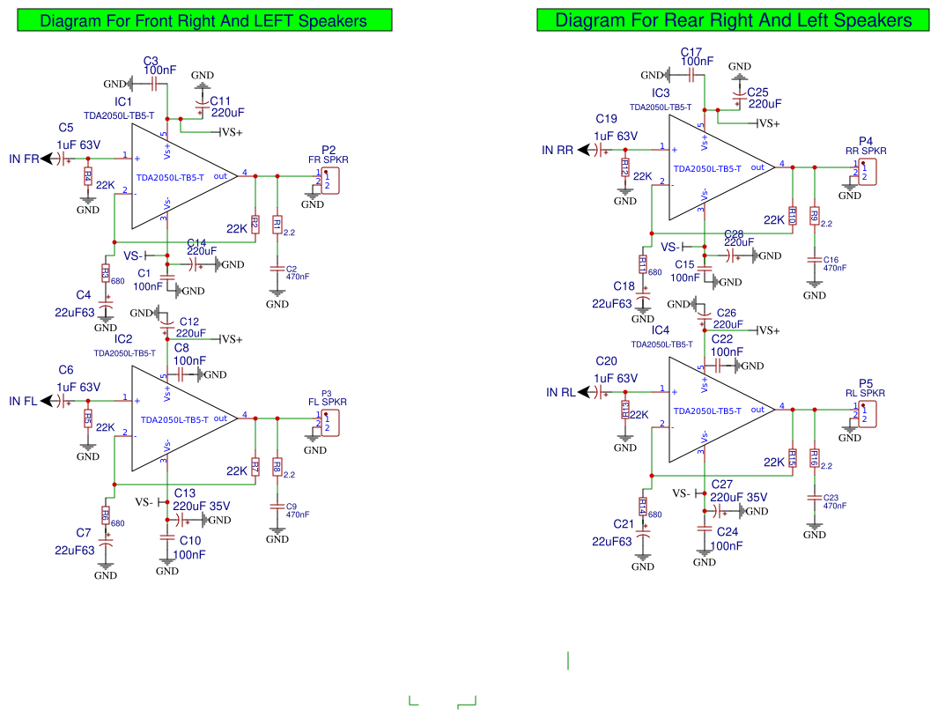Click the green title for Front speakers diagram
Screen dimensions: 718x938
tap(203, 21)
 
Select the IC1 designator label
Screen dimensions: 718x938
tap(123, 102)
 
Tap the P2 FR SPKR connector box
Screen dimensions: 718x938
tap(329, 180)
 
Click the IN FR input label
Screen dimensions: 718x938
tap(24, 159)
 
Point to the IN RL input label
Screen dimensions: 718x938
tap(561, 392)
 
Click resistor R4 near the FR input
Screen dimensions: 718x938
tap(87, 176)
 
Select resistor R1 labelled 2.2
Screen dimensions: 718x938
tap(277, 226)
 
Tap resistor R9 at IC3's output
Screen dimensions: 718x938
tap(815, 216)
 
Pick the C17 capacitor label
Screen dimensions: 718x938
tap(691, 52)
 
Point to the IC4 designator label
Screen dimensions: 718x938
tap(661, 330)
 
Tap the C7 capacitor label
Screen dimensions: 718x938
tap(84, 532)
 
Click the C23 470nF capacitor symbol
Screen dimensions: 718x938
tap(815, 498)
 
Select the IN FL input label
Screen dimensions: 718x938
tap(23, 401)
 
